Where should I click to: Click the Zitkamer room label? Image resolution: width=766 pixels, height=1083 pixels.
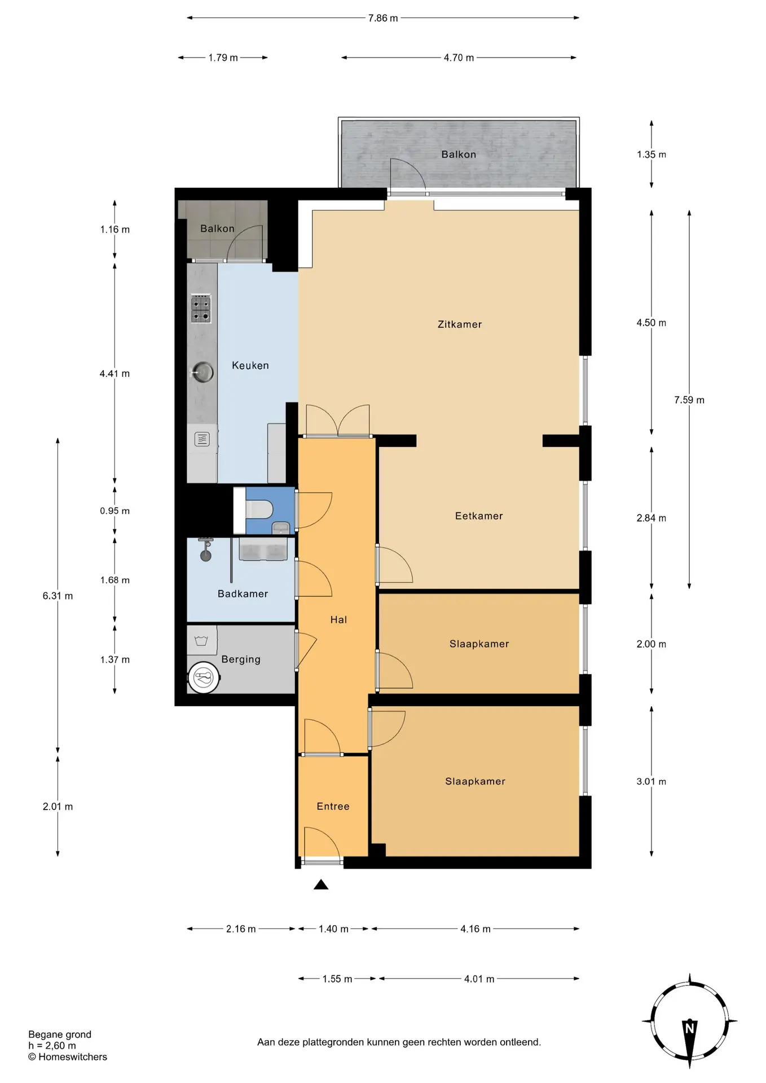[x=460, y=324]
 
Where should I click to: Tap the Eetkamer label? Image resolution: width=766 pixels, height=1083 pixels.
[x=479, y=516]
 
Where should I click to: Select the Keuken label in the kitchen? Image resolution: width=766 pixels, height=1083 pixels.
[x=250, y=366]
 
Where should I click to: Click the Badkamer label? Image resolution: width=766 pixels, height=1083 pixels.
[x=243, y=593]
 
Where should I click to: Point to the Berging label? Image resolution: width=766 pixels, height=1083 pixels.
[x=241, y=659]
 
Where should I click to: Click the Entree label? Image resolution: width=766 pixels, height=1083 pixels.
[x=333, y=806]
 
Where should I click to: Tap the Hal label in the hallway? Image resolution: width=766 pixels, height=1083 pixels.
[x=338, y=619]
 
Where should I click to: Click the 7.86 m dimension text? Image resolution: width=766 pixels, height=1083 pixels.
[x=383, y=18]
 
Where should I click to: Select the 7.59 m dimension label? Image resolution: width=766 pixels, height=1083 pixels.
[x=689, y=400]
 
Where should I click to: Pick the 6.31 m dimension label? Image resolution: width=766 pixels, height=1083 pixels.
[x=58, y=596]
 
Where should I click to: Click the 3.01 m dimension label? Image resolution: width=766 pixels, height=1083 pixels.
[x=651, y=781]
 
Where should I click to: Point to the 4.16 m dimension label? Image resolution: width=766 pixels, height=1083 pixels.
[x=476, y=928]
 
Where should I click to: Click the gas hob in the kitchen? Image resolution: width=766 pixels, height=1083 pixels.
[x=201, y=308]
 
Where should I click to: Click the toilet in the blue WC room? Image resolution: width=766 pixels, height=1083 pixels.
[x=259, y=509]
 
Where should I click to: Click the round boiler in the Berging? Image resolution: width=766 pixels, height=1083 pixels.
[x=204, y=677]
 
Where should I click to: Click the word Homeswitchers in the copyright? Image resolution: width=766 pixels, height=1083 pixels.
[x=73, y=1056]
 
